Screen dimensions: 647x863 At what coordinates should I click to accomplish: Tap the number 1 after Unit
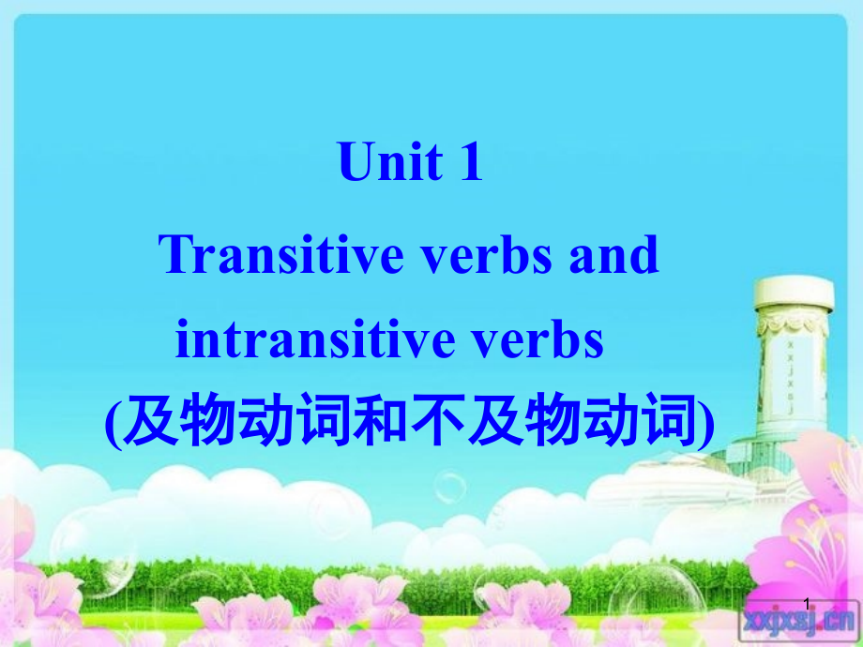469,161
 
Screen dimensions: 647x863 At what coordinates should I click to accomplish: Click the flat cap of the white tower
793,293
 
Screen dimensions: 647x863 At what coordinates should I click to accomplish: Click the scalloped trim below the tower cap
793,324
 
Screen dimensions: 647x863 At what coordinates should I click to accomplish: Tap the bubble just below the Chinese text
450,487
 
